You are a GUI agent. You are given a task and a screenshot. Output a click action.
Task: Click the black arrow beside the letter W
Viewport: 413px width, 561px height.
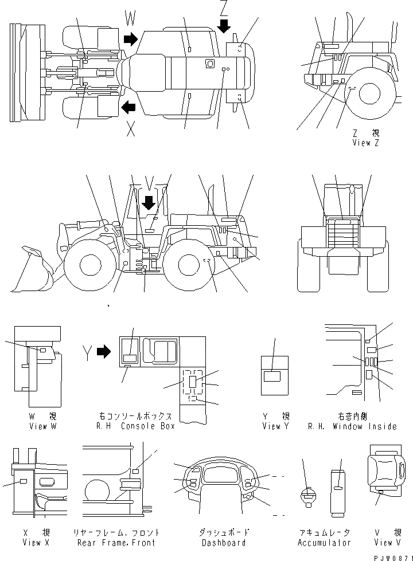point(131,39)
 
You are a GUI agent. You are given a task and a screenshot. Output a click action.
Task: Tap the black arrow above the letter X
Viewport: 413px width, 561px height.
point(128,106)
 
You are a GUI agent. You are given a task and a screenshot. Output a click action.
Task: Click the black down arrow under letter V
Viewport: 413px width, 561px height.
point(149,202)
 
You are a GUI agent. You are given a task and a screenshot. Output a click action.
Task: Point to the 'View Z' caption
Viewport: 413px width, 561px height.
point(366,143)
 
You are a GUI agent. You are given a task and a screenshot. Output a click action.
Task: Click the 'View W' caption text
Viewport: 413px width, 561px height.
point(42,426)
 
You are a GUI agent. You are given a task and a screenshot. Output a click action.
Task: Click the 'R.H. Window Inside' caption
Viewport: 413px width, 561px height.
point(352,426)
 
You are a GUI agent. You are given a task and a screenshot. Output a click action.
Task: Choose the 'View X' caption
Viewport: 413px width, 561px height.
point(35,542)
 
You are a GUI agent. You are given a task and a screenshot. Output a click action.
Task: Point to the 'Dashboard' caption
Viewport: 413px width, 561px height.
point(223,542)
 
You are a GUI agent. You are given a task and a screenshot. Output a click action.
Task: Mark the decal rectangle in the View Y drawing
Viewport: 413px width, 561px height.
point(272,376)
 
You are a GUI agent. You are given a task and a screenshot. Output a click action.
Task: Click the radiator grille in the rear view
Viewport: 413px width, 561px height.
point(342,235)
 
